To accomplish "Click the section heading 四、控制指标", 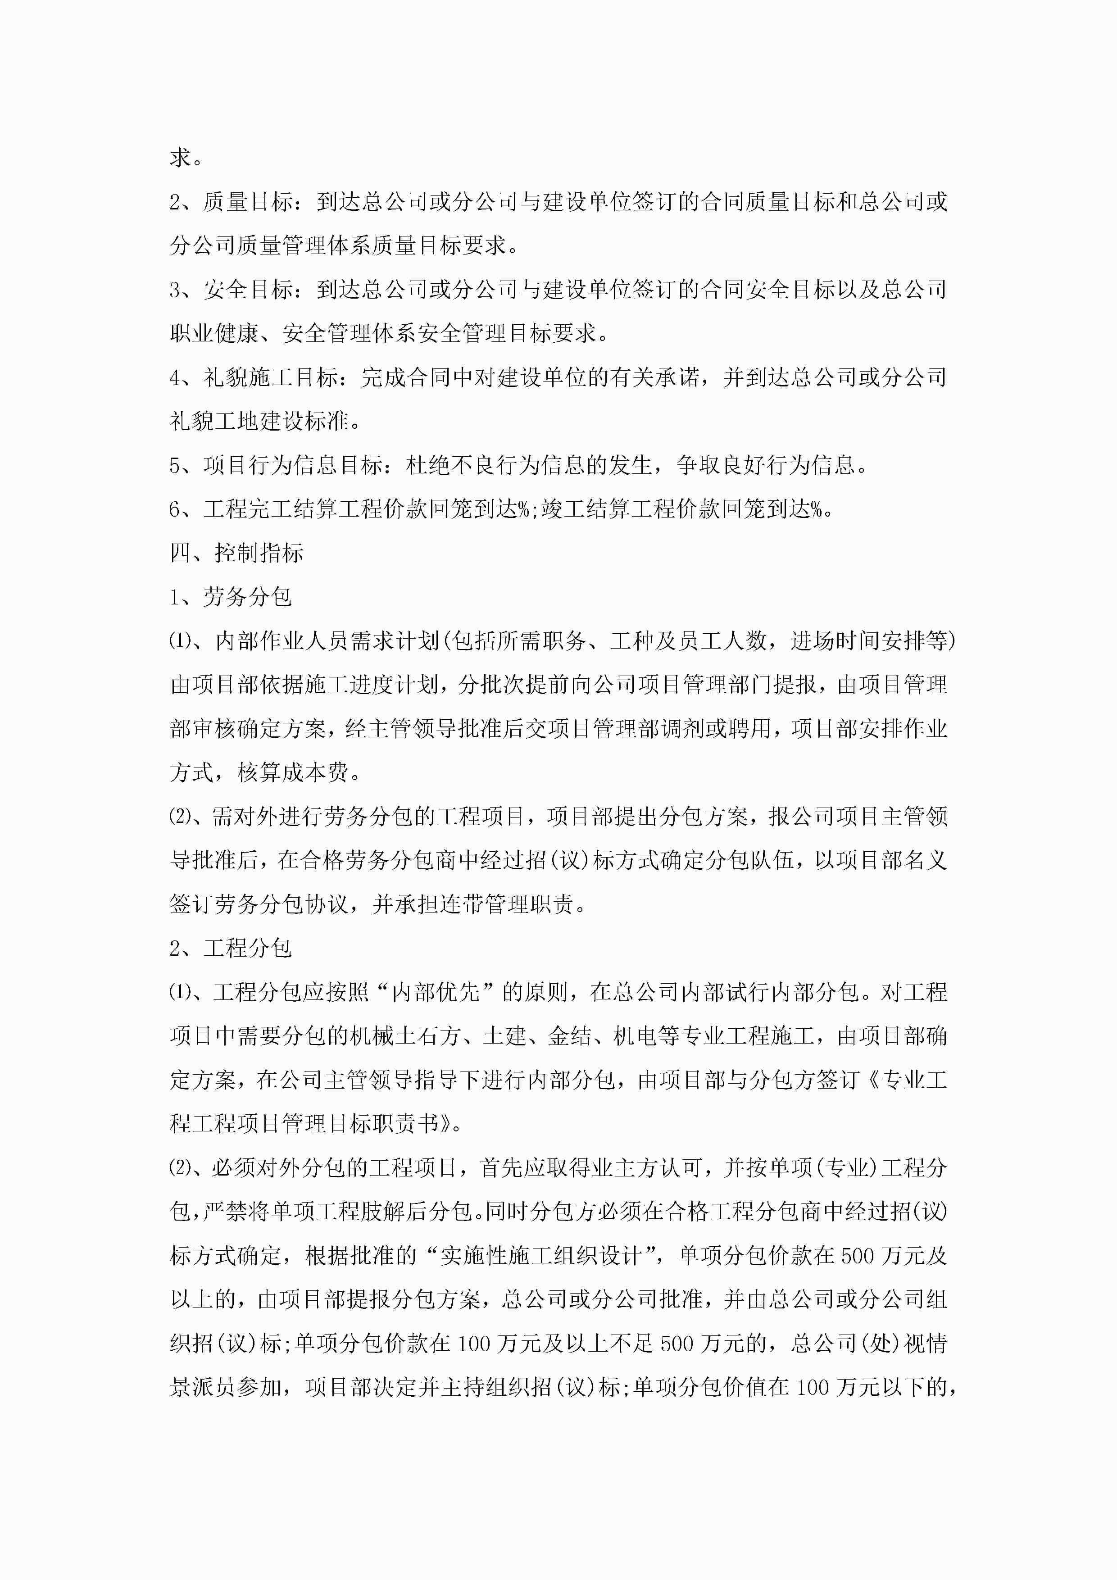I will [236, 553].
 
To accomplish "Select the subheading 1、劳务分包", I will [231, 597].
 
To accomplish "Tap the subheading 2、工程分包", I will [231, 948].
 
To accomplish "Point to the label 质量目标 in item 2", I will [248, 202].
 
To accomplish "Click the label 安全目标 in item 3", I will [248, 290].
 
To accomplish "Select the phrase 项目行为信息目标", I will [293, 465].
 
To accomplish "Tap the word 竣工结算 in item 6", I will [586, 509].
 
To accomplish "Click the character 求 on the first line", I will [180, 158].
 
